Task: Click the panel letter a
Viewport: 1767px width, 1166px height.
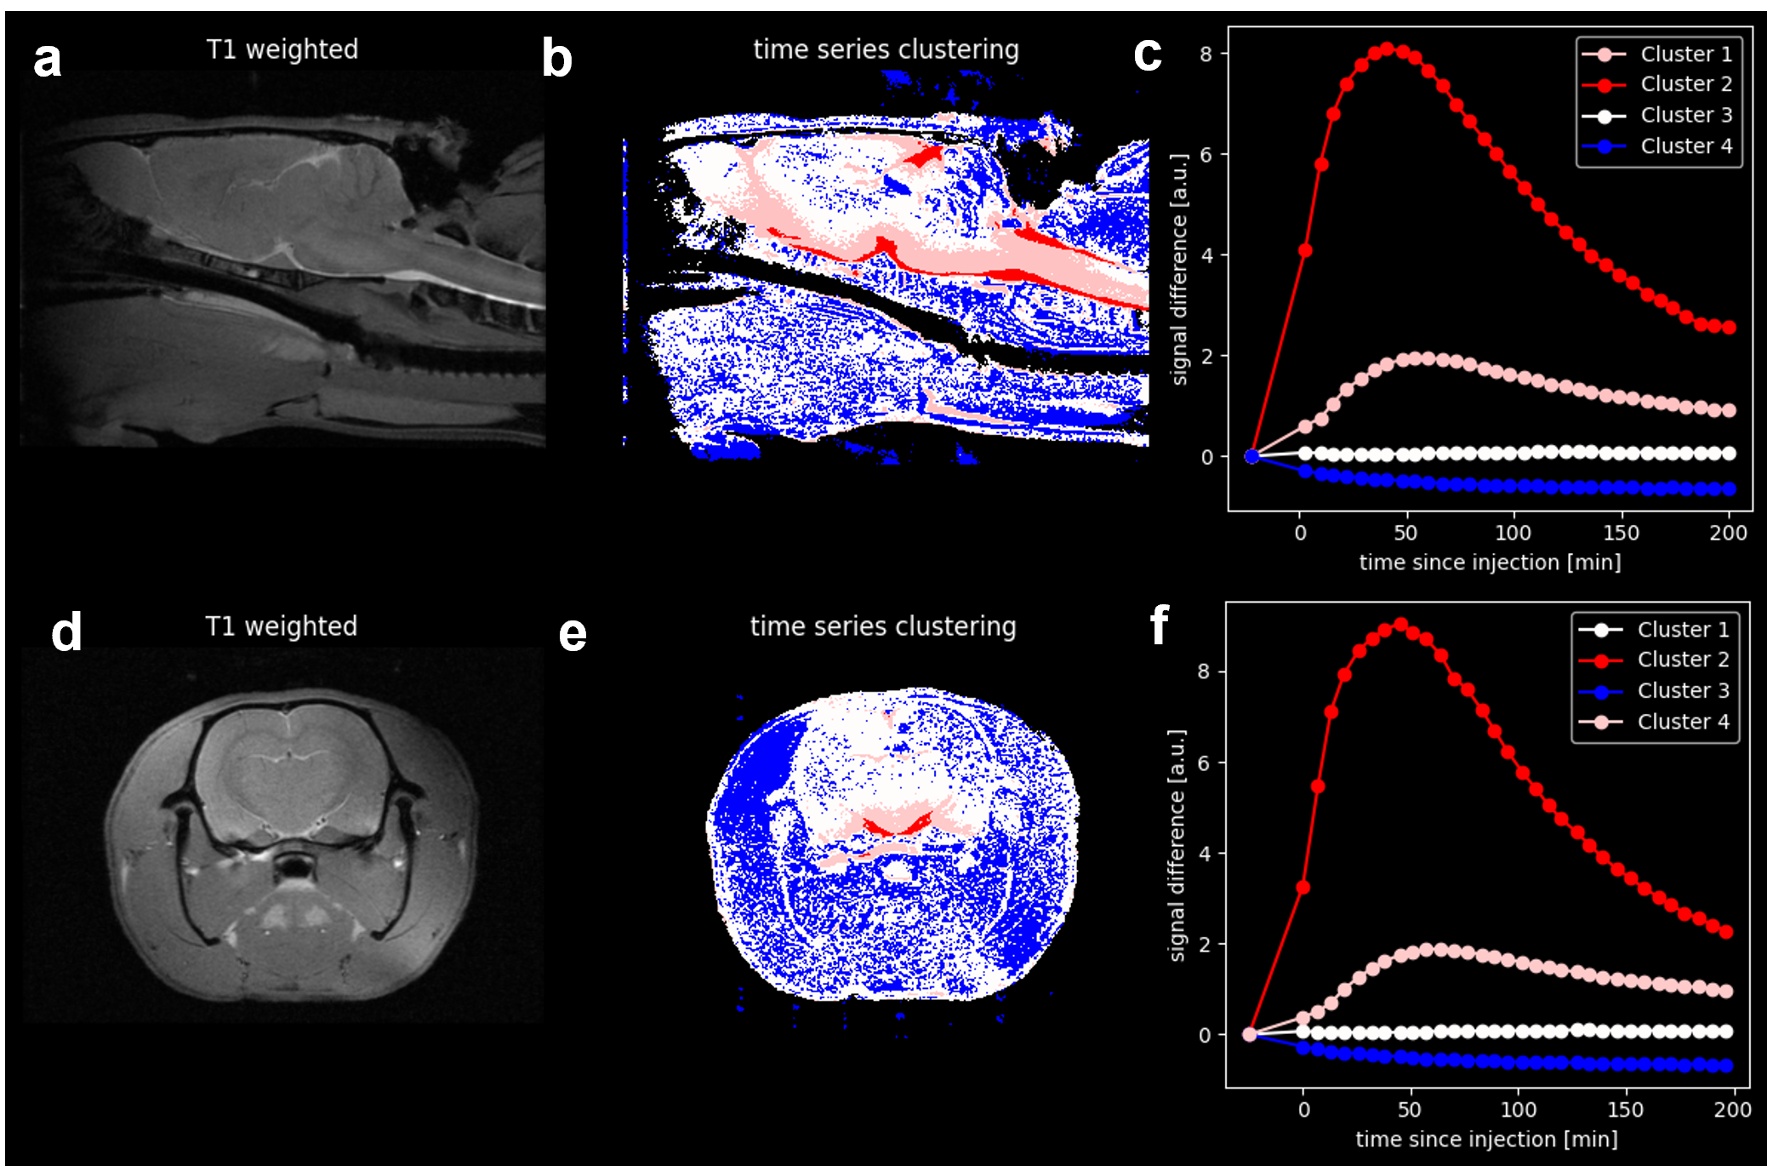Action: coord(48,60)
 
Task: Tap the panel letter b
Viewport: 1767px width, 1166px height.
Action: coord(557,59)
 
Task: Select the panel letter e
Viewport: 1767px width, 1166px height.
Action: coord(573,634)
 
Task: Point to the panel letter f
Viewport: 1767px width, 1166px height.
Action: coord(1159,626)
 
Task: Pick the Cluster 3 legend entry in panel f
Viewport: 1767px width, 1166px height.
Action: coord(1654,690)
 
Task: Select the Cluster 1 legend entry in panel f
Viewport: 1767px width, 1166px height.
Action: coord(1654,630)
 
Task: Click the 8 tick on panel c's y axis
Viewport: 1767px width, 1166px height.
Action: coord(1206,54)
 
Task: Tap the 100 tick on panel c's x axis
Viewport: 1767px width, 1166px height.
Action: coord(1513,534)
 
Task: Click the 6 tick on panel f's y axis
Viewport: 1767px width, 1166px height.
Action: coord(1203,763)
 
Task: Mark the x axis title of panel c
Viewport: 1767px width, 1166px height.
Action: coord(1490,563)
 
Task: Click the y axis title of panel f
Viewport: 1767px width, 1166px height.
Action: coord(1177,845)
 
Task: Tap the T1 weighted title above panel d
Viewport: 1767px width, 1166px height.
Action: coord(282,626)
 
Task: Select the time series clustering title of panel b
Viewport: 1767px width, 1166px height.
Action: coord(886,49)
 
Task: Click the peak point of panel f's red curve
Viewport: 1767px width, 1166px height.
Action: coord(1400,625)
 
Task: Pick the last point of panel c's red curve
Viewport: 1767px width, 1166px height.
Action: coord(1728,328)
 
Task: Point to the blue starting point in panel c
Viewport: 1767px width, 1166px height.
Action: coord(1251,456)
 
